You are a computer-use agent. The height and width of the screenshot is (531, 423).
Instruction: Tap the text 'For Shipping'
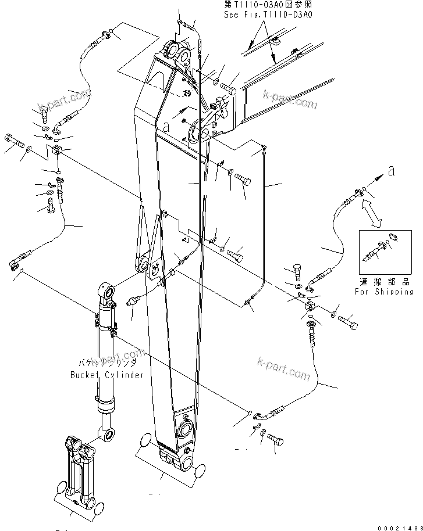[x=384, y=292]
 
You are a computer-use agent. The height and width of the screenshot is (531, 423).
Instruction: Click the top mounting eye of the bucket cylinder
[x=106, y=290]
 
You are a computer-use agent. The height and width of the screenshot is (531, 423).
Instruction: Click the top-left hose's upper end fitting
[x=105, y=38]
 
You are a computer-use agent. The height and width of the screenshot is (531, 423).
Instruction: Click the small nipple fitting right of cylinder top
[x=133, y=303]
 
